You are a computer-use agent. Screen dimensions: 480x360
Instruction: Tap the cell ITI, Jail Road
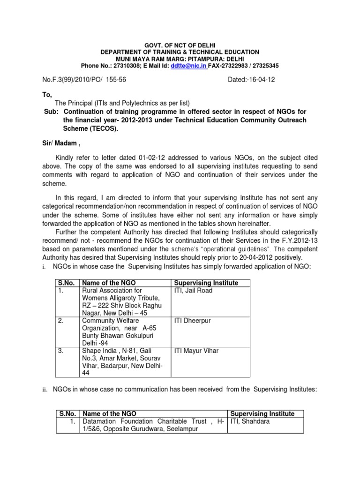click(193, 291)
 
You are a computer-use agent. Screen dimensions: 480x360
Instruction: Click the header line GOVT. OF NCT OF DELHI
click(180, 44)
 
